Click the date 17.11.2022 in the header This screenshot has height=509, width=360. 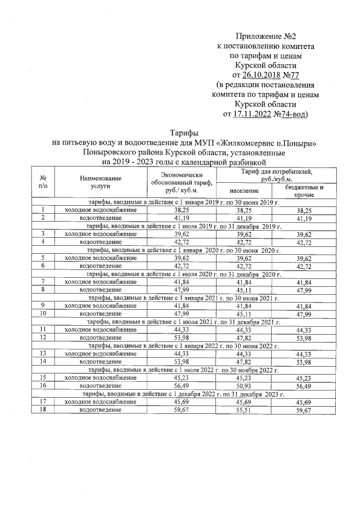tap(252, 114)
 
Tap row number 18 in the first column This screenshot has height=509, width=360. tap(42, 410)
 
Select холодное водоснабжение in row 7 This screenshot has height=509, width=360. tap(100, 281)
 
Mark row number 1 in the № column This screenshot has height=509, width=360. tap(42, 209)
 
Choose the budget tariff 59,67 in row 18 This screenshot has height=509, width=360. tap(304, 410)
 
